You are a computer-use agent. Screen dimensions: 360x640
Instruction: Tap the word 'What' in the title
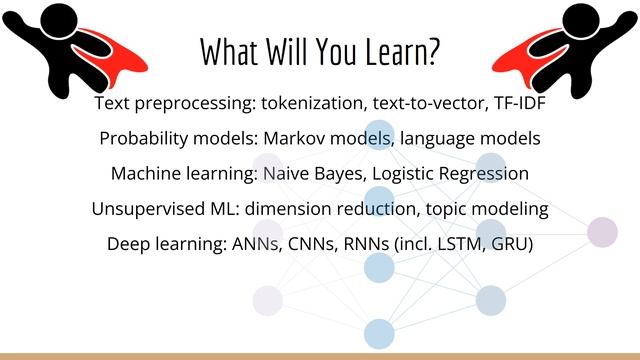pyautogui.click(x=228, y=52)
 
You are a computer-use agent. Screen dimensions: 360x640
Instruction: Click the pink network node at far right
pyautogui.click(x=602, y=231)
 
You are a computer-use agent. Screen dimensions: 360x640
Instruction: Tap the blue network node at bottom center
pyautogui.click(x=378, y=332)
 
